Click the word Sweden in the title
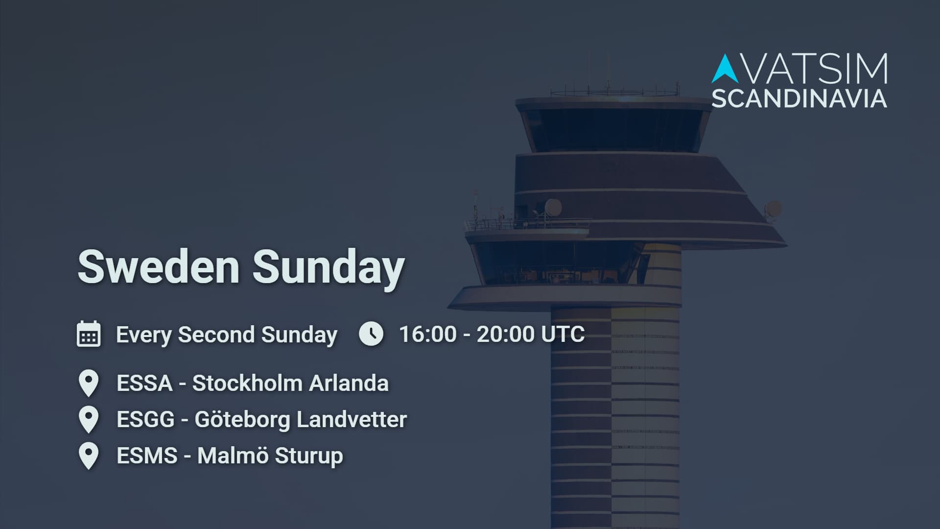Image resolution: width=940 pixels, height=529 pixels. click(159, 266)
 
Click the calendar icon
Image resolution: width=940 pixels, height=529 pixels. click(89, 334)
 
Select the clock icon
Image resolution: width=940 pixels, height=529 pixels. click(371, 334)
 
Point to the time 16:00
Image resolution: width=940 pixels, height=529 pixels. click(427, 334)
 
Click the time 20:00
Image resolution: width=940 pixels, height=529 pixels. click(505, 334)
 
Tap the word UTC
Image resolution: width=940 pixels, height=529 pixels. click(563, 334)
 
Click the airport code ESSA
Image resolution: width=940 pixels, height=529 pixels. click(144, 383)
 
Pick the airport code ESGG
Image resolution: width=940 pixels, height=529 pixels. click(145, 419)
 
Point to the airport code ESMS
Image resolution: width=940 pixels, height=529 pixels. click(147, 456)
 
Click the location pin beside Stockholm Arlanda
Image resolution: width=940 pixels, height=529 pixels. click(89, 383)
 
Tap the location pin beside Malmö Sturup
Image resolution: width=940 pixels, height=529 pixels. click(89, 456)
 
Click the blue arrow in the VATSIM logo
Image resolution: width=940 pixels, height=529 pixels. click(725, 68)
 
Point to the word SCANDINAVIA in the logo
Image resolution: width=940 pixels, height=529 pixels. click(799, 98)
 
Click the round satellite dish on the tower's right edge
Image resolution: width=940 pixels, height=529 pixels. click(773, 209)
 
